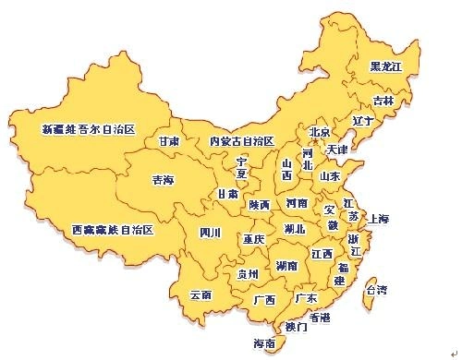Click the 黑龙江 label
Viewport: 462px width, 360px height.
coord(386,66)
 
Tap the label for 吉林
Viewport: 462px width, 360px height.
coord(383,100)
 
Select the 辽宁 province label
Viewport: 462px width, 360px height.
coord(362,121)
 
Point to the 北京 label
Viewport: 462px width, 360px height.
coord(319,132)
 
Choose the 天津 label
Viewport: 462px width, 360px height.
coord(337,149)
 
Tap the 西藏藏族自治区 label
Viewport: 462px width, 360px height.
coord(112,229)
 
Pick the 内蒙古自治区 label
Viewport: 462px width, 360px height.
coord(241,141)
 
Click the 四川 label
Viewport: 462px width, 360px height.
coord(210,233)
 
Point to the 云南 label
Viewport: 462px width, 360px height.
coord(201,295)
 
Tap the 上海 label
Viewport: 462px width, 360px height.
coord(379,219)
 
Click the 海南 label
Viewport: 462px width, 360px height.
coord(263,343)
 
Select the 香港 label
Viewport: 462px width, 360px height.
coord(320,317)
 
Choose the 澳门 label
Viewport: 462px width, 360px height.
coord(297,326)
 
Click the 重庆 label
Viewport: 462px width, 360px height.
coord(254,239)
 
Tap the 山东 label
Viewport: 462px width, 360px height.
coord(330,175)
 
